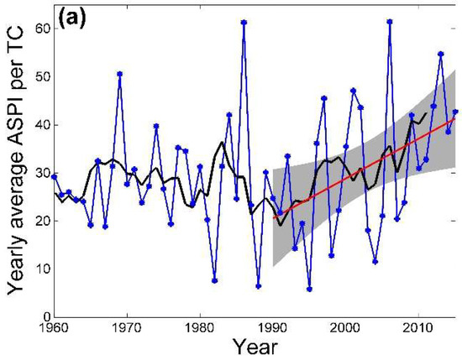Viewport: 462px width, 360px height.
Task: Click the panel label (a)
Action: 76,18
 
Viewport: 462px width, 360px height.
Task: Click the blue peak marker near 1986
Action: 244,23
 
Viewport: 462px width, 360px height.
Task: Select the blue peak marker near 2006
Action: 390,22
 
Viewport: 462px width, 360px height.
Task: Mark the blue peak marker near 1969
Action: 120,74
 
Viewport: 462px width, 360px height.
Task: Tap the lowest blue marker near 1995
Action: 309,289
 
